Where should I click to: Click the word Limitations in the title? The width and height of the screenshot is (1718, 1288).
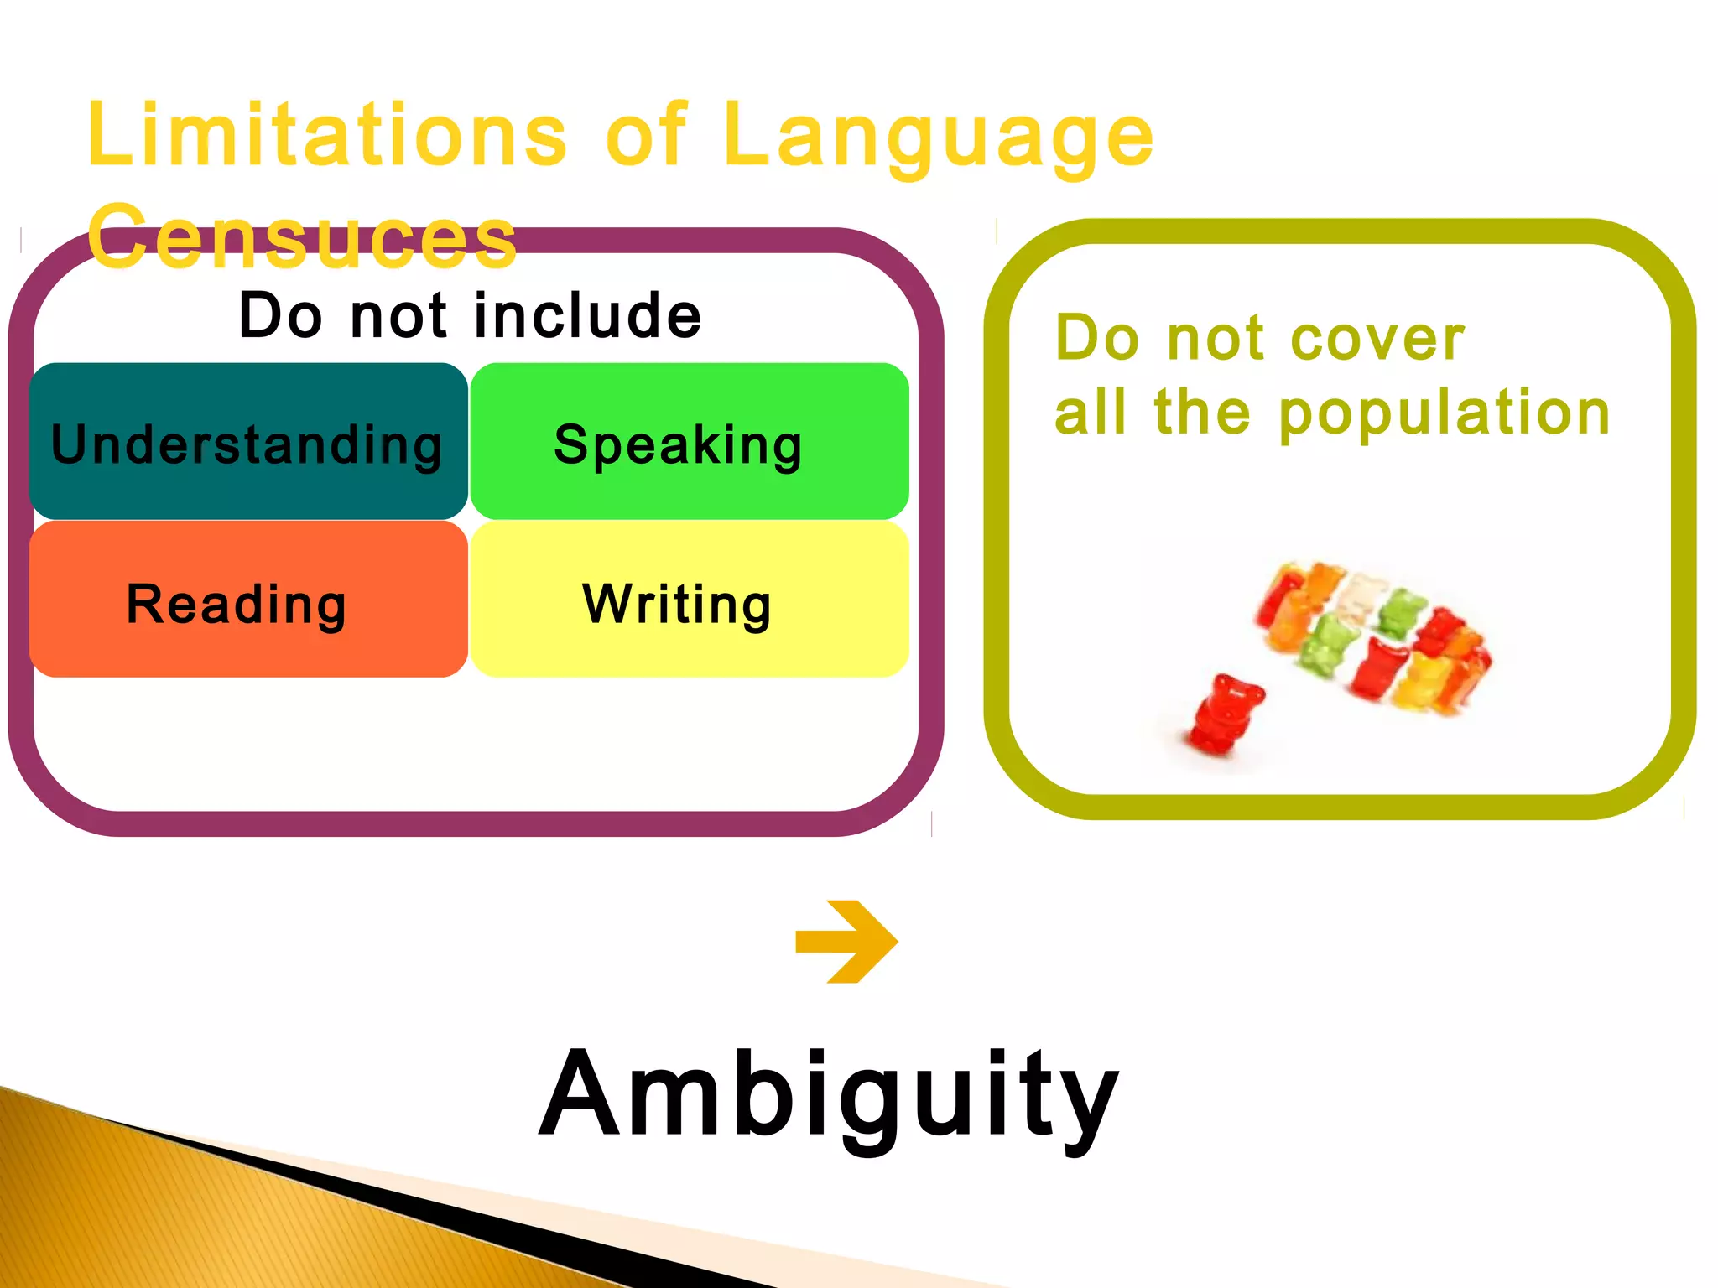(x=327, y=134)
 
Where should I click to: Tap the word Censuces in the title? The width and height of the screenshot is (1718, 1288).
(x=302, y=238)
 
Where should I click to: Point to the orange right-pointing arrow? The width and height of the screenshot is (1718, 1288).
(x=847, y=942)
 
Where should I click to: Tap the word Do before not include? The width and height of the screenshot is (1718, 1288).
(x=280, y=316)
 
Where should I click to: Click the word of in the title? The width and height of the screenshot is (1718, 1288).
(x=646, y=134)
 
